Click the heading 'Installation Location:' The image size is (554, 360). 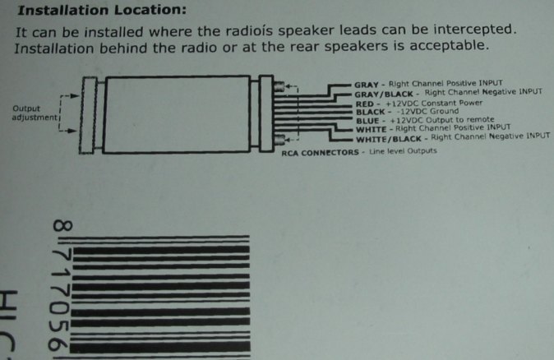pos(102,10)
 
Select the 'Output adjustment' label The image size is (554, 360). pos(35,113)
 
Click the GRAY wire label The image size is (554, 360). pos(366,85)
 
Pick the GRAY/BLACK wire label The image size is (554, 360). pos(384,95)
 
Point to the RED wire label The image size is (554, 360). pos(365,104)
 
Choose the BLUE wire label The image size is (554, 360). pos(367,121)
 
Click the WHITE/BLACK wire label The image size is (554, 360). pos(389,139)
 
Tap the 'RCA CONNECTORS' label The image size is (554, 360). pos(320,153)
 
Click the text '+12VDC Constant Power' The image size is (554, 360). pos(434,104)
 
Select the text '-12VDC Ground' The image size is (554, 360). pos(427,112)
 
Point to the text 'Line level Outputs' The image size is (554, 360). pos(403,151)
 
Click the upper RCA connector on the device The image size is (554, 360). pos(279,86)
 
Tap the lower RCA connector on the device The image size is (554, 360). pos(279,140)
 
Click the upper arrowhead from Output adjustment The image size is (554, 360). pos(75,95)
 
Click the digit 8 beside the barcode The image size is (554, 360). pos(63,225)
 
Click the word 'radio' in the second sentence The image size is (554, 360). pos(200,47)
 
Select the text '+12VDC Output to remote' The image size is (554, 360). pos(442,120)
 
